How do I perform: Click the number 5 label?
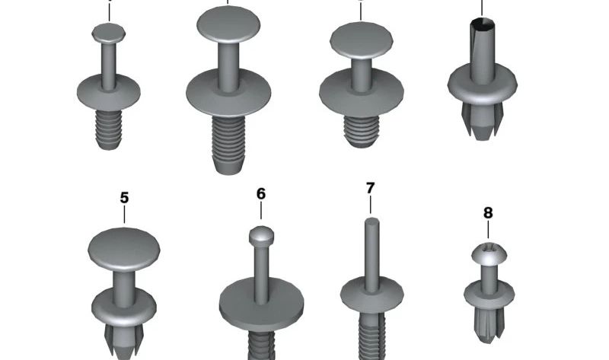(x=124, y=198)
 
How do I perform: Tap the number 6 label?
(x=261, y=193)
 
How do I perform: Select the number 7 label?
(x=370, y=188)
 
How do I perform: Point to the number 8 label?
(x=488, y=213)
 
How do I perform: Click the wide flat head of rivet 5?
(x=124, y=250)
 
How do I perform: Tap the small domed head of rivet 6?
(x=261, y=236)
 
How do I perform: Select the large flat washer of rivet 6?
(x=261, y=305)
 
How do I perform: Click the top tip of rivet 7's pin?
(x=371, y=219)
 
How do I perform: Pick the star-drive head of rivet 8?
(x=489, y=254)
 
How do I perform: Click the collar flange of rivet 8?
(x=489, y=294)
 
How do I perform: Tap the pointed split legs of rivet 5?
(x=124, y=340)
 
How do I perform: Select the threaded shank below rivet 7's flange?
(x=372, y=336)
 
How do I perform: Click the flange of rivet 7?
(x=372, y=295)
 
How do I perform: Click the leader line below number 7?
(x=370, y=205)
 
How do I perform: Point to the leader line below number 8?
(x=488, y=230)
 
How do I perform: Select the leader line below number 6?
(x=261, y=211)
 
